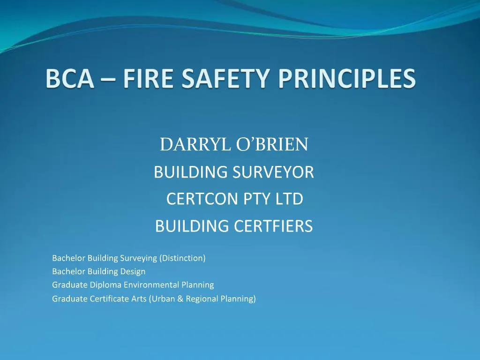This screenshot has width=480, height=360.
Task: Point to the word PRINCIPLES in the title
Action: click(346, 79)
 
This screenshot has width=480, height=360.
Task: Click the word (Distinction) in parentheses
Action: click(182, 258)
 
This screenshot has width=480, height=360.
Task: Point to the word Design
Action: click(135, 271)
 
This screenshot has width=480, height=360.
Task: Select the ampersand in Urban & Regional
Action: click(181, 298)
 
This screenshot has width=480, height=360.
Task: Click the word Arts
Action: click(139, 298)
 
